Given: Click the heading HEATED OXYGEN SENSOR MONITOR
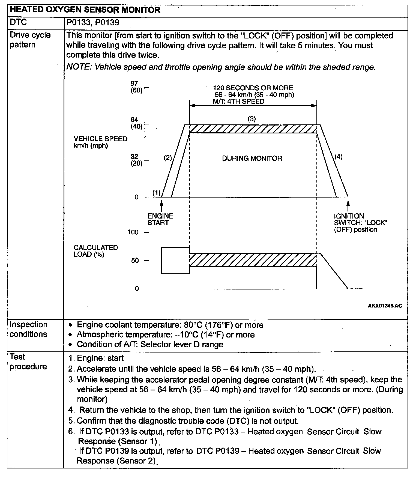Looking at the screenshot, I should point(85,10).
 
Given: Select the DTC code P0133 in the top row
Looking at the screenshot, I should point(78,22).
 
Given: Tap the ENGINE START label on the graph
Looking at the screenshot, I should point(160,219).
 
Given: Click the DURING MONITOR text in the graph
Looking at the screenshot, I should point(252,159).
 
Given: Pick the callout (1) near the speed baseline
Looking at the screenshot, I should point(157,193).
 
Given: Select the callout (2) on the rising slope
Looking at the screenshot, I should point(167,158).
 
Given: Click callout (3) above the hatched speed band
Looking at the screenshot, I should point(252,119).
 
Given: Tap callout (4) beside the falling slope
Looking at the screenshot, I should point(338,157).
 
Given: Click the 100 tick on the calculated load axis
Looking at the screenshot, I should point(133,232).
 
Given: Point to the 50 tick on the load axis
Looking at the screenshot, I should point(135,261).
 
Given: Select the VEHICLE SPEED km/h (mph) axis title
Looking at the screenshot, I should point(100,142).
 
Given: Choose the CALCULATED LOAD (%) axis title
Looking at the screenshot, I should point(96,251).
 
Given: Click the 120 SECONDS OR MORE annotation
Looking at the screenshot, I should point(253,88).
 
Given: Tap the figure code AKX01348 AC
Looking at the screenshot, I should point(385,306).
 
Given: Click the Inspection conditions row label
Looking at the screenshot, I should point(28,329).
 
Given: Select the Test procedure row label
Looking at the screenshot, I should point(28,362).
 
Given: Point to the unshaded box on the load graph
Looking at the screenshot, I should point(175,261).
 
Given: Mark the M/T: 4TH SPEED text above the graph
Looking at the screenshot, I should point(239,101).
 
